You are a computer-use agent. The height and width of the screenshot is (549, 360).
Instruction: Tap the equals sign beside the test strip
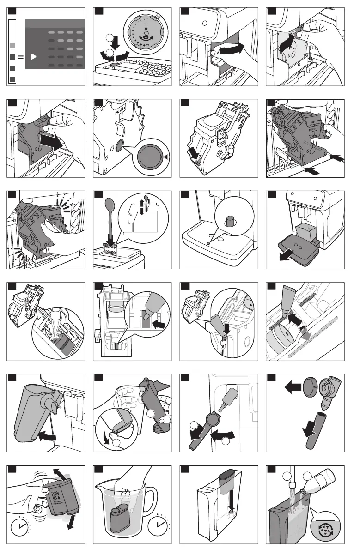point(20,58)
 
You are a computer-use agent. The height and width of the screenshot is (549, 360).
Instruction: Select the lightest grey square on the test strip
point(12,45)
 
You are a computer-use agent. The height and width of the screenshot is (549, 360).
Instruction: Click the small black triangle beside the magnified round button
point(165,157)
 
